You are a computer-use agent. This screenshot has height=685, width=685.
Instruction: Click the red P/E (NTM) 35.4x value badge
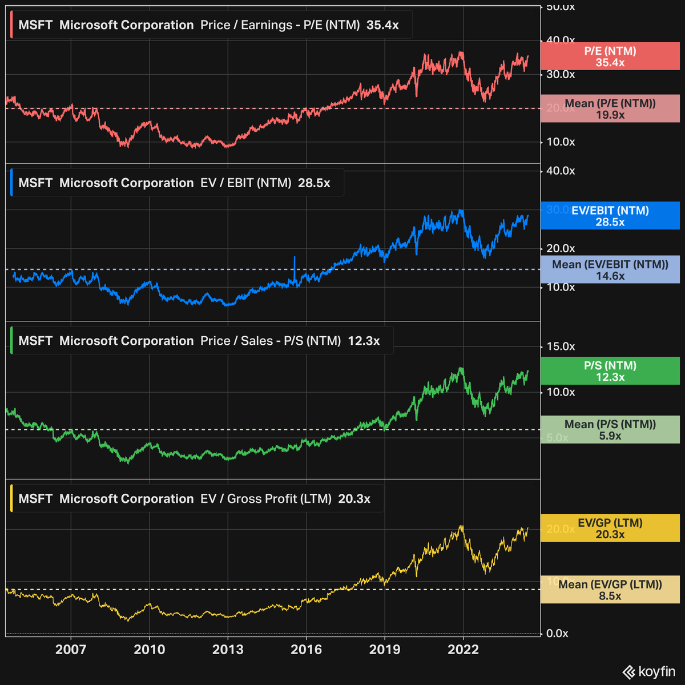[610, 57]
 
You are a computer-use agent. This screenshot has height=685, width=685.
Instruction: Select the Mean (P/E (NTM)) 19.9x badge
[610, 109]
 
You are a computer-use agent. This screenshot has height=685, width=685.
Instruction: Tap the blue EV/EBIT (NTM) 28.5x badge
[610, 216]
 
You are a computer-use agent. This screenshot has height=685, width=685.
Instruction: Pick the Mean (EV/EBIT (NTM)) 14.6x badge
[610, 270]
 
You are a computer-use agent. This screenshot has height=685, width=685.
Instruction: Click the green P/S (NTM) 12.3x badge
[610, 371]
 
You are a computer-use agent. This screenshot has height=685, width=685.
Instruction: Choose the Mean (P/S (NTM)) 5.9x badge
[610, 430]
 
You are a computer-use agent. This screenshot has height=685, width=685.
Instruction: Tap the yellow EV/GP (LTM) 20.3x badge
[610, 528]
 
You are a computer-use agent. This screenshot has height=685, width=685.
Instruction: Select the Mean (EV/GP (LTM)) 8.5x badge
[610, 590]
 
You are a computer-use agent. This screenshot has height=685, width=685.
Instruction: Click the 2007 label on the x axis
[71, 649]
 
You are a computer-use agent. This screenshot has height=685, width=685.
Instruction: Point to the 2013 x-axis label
[228, 649]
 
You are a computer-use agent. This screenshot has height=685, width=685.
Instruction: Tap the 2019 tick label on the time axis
[384, 649]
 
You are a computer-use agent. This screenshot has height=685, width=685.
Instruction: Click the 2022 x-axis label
[463, 649]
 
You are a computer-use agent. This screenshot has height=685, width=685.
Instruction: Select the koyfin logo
[648, 671]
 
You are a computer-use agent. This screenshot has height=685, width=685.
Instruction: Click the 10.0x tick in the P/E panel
[561, 142]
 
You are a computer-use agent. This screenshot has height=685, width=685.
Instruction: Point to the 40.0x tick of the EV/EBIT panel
[561, 171]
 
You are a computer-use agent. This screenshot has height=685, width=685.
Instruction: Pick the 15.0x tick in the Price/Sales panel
[561, 346]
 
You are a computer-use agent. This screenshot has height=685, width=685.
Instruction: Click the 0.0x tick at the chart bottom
[557, 633]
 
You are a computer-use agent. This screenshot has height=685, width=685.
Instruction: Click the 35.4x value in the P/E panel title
[382, 25]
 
